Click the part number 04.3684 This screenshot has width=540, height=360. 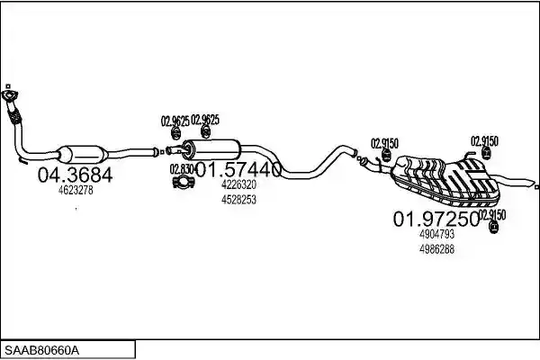[75, 175]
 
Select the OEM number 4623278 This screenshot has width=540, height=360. [76, 190]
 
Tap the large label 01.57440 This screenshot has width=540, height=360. [238, 169]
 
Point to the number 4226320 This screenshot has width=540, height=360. [238, 184]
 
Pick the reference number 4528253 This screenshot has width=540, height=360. [238, 200]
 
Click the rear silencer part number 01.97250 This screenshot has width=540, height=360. [436, 219]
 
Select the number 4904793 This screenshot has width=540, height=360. [436, 234]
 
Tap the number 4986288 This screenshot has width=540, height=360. [436, 249]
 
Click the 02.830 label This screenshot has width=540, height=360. [182, 169]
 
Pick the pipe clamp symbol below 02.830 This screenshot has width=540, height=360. [183, 182]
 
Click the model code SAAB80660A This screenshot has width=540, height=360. [41, 351]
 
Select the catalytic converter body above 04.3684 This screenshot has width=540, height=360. [82, 155]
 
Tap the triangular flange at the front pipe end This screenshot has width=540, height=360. [10, 95]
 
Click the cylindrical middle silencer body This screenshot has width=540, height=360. [211, 150]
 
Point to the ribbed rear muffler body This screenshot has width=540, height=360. [446, 180]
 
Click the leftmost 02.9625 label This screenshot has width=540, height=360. [175, 121]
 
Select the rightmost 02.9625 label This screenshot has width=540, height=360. [205, 120]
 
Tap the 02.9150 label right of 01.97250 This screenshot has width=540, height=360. [492, 215]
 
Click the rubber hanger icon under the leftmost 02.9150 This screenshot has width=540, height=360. [386, 156]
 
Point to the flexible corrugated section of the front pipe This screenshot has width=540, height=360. [14, 115]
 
